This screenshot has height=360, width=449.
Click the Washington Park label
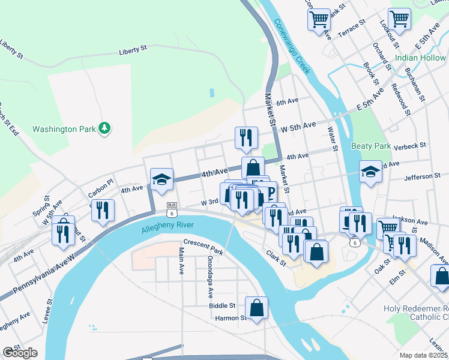tap(63, 129)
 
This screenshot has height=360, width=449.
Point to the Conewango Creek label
tap(292, 46)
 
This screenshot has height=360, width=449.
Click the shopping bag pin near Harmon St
tap(256, 308)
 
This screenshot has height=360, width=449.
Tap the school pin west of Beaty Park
tap(370, 172)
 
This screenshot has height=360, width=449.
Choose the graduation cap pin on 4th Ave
tap(161, 179)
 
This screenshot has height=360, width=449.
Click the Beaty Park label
tap(371, 146)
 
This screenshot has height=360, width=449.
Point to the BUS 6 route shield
tap(172, 209)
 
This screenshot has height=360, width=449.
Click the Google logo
tap(20, 353)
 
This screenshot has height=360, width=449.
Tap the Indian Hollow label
tap(420, 58)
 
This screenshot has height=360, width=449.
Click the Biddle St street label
tap(223, 305)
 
